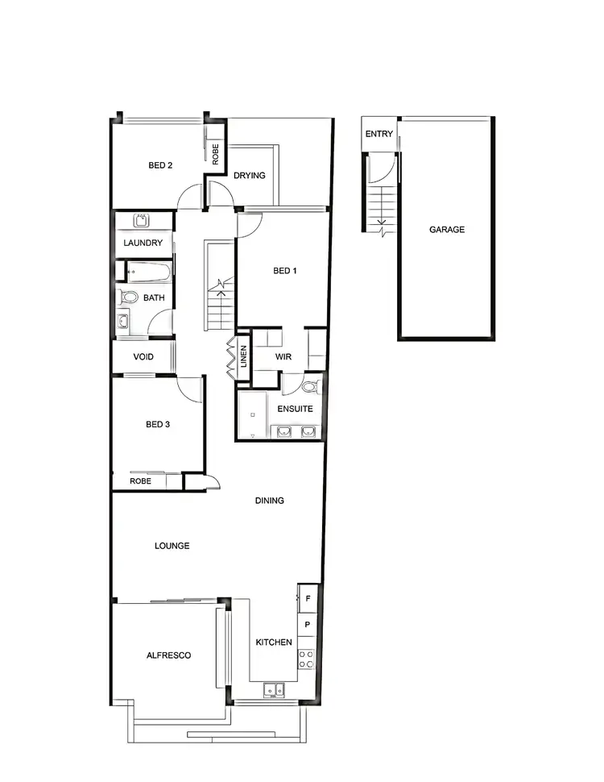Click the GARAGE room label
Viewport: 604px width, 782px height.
(x=446, y=230)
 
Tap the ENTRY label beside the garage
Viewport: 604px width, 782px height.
(x=379, y=134)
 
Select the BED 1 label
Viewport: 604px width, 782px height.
(x=285, y=271)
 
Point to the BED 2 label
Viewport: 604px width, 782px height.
(x=160, y=165)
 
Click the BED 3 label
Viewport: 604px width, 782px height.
(x=158, y=424)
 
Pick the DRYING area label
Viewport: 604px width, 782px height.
(x=249, y=176)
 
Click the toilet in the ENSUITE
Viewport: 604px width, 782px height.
(x=312, y=388)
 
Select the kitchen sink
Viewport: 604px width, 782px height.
(x=273, y=690)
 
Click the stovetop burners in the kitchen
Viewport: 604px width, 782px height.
(x=307, y=659)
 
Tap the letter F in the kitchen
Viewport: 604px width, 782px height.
(x=308, y=598)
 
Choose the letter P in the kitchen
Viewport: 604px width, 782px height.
(x=308, y=625)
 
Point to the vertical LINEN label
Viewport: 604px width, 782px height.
(x=244, y=357)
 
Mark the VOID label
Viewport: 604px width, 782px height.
(x=143, y=357)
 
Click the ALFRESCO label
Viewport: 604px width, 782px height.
(x=168, y=655)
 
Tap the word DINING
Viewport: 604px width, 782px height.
(x=269, y=501)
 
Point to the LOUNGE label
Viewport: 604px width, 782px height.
(x=172, y=546)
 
